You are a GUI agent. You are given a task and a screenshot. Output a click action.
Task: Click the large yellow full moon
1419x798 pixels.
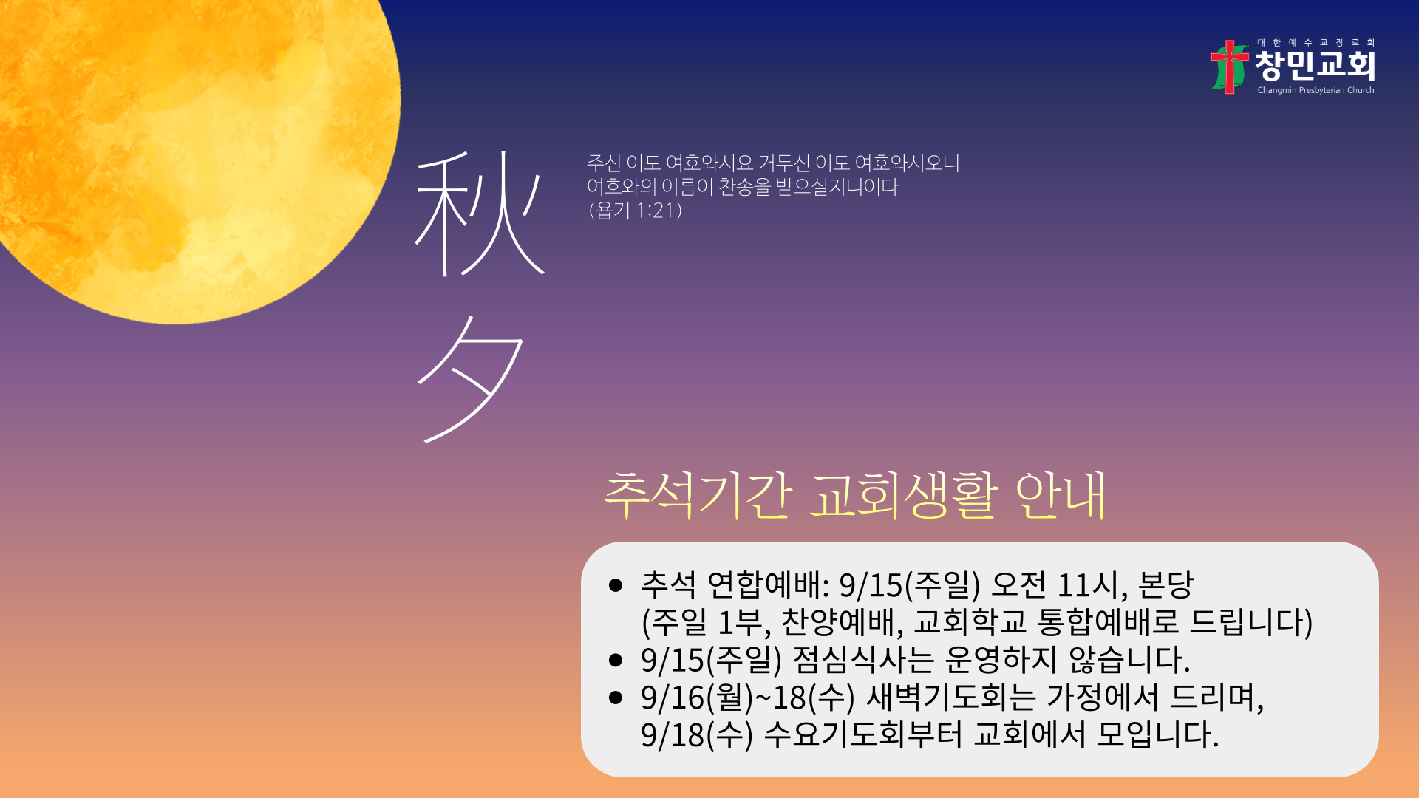click(x=185, y=148)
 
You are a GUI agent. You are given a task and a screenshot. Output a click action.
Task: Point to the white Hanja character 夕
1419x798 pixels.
click(x=471, y=380)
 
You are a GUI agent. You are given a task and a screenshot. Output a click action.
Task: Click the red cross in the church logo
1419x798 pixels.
click(x=1229, y=66)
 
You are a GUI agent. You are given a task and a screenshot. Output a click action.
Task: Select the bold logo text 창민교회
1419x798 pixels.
click(x=1316, y=66)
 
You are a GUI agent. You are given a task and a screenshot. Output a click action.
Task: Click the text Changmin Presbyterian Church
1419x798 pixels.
click(x=1316, y=90)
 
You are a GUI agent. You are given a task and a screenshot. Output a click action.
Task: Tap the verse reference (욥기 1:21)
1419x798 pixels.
click(x=635, y=211)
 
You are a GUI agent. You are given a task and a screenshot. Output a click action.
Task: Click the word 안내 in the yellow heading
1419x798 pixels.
click(x=1061, y=495)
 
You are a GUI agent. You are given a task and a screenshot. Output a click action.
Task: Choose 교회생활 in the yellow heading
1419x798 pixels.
click(x=904, y=495)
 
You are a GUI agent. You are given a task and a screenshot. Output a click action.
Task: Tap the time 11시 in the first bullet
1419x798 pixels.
click(x=1092, y=585)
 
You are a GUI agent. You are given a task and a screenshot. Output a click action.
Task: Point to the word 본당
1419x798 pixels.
click(x=1166, y=585)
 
